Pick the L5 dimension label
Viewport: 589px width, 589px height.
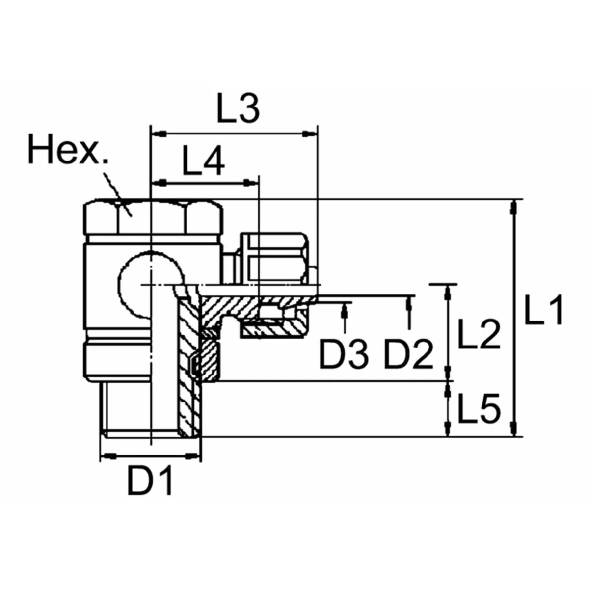tap(479, 409)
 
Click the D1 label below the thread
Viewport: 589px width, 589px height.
tap(150, 481)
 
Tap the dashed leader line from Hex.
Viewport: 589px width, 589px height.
tap(117, 189)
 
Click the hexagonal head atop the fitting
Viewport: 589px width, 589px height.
tap(152, 217)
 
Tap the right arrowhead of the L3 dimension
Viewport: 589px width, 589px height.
tap(309, 133)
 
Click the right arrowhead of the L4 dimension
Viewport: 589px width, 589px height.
tap(250, 183)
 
